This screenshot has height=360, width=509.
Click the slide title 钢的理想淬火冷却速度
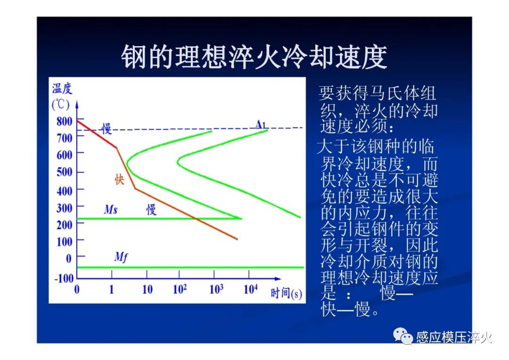254,57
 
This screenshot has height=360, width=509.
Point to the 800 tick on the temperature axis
64,122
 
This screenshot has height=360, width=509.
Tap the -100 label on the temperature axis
64,278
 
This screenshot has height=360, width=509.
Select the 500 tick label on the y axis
64,172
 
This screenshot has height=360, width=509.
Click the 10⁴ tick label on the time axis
251,288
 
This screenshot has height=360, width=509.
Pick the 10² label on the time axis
180,288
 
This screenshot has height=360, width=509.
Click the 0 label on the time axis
77,289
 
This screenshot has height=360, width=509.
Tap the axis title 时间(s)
287,294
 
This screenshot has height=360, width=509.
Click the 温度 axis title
62,88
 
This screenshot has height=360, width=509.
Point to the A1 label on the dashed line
260,124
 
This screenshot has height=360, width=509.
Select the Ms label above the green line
111,209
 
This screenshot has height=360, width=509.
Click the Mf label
121,257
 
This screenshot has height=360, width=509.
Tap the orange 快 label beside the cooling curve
119,179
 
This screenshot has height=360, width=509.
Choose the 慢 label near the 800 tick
107,129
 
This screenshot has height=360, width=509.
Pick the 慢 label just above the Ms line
151,210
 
